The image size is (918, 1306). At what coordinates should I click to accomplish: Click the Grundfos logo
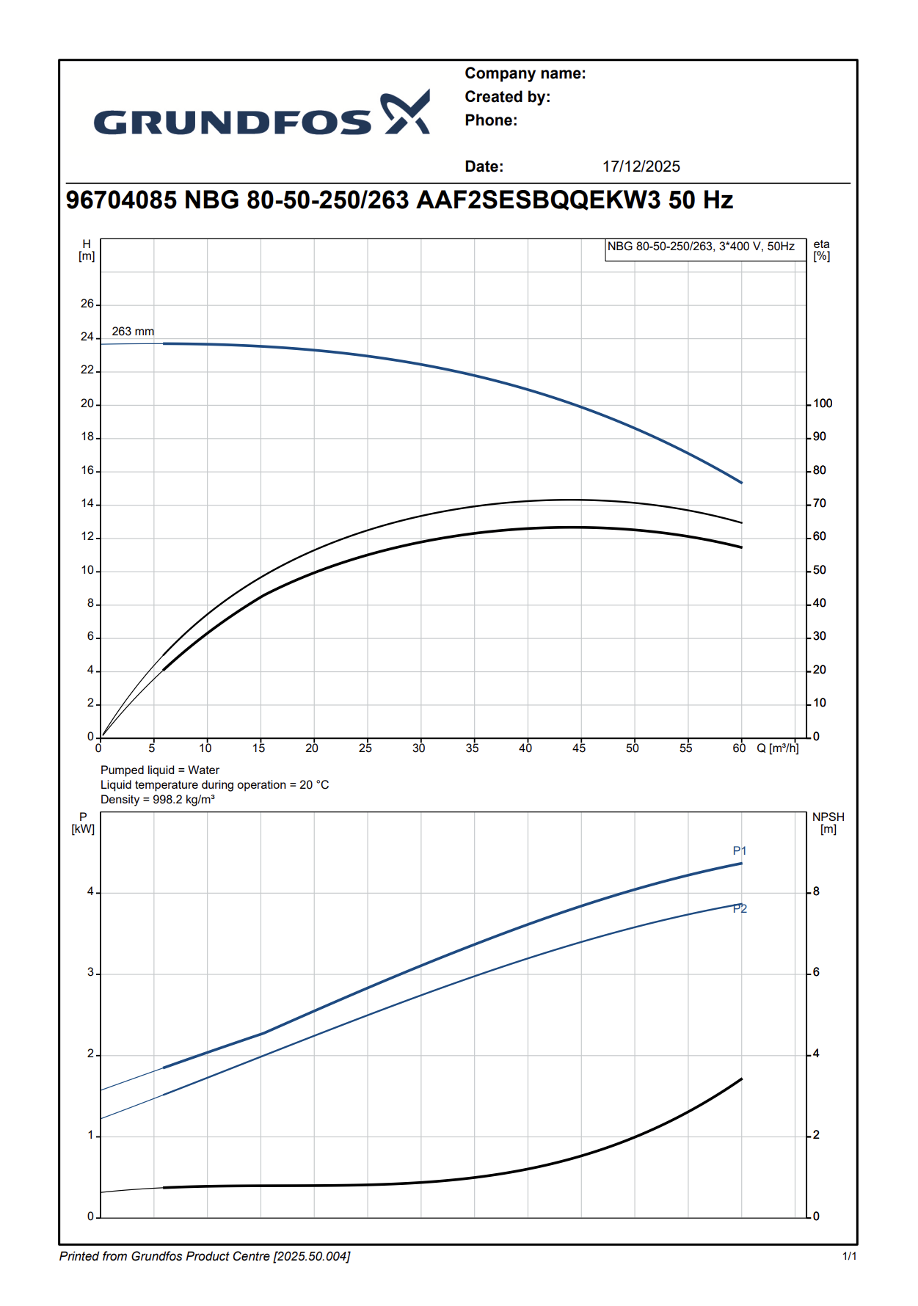(x=261, y=115)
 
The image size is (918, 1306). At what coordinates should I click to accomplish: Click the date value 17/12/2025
(x=641, y=167)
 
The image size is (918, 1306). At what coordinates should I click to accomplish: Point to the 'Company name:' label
(x=525, y=73)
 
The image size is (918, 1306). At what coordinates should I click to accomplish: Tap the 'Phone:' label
(x=491, y=120)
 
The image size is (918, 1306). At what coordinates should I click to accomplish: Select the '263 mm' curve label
(x=133, y=332)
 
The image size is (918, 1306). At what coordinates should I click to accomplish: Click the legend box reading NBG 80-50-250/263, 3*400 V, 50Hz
(x=701, y=247)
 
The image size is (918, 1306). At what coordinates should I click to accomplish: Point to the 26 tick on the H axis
(x=87, y=304)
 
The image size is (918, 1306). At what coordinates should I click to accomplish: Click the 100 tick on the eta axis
(x=823, y=404)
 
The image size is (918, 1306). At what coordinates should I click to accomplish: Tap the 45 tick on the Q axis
(x=579, y=748)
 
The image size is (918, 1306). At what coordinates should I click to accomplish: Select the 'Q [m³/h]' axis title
(x=777, y=748)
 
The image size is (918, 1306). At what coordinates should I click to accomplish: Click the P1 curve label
(x=739, y=851)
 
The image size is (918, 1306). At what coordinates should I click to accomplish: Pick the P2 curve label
(x=740, y=909)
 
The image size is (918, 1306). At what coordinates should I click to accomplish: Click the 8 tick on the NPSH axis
(x=816, y=892)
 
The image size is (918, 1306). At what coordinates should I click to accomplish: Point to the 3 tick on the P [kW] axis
(x=91, y=973)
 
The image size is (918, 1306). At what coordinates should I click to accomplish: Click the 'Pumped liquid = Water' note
(x=160, y=770)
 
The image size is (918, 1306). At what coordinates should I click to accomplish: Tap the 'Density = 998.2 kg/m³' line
(x=158, y=800)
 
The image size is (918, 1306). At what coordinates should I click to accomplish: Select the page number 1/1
(x=849, y=1257)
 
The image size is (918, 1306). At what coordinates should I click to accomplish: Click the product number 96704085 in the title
(x=121, y=200)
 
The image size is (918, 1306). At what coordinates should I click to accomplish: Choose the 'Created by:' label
(x=507, y=97)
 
